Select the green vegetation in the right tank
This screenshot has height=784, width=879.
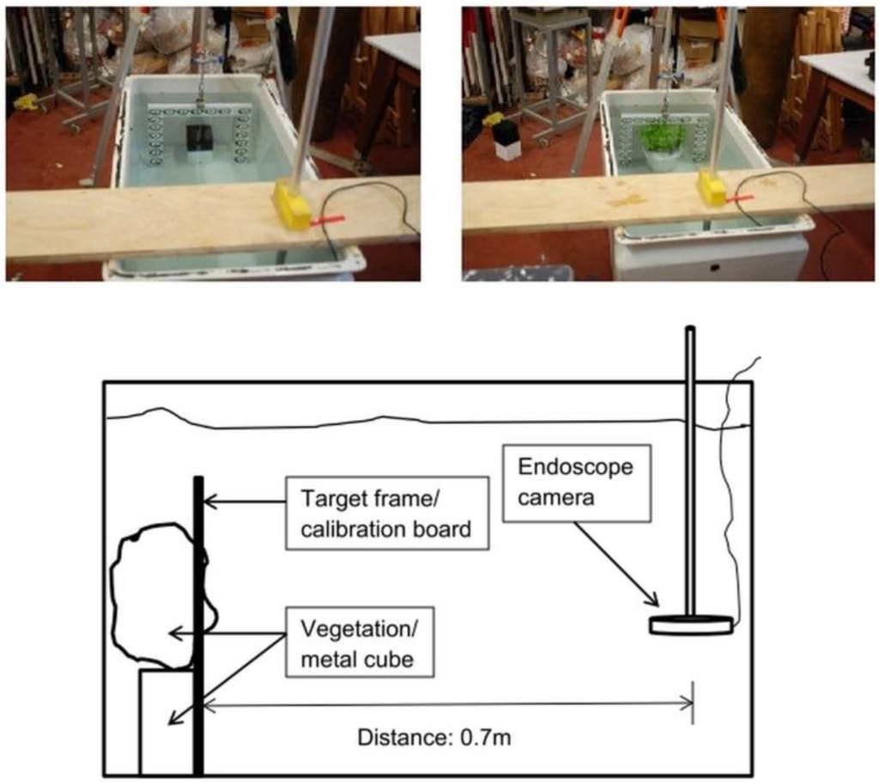(x=663, y=137)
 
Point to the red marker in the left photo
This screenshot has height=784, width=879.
(x=325, y=221)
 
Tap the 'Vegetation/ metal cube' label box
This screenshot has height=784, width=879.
(x=359, y=642)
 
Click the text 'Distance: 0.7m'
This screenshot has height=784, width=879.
(x=433, y=737)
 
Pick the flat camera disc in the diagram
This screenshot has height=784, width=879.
(x=691, y=625)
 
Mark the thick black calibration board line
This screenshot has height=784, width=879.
(x=199, y=627)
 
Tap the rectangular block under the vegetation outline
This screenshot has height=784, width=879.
(x=166, y=721)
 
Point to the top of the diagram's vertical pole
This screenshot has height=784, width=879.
(x=689, y=331)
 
